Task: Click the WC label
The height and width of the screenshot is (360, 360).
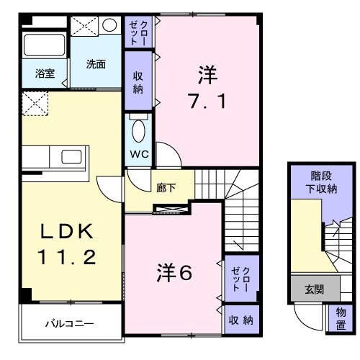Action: coord(139,153)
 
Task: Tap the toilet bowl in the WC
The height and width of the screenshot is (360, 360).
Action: coord(139,132)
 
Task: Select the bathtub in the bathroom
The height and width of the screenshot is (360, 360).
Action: coord(45,45)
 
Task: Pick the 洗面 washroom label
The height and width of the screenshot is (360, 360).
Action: coord(96,63)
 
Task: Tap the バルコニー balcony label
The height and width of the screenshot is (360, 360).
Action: coord(71,324)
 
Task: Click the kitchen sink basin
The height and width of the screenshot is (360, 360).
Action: coord(72,158)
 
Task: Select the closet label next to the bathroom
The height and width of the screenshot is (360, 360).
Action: coord(138,32)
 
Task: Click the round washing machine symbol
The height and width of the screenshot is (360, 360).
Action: coord(110,25)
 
